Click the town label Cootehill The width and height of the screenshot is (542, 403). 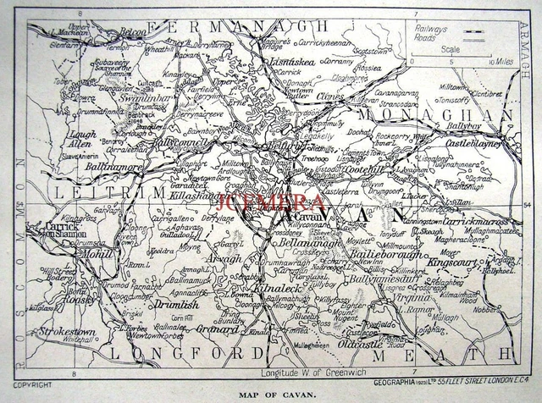342,169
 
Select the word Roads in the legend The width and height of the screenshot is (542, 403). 427,36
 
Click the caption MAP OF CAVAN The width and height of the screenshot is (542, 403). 270,394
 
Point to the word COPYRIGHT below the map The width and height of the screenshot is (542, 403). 31,384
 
